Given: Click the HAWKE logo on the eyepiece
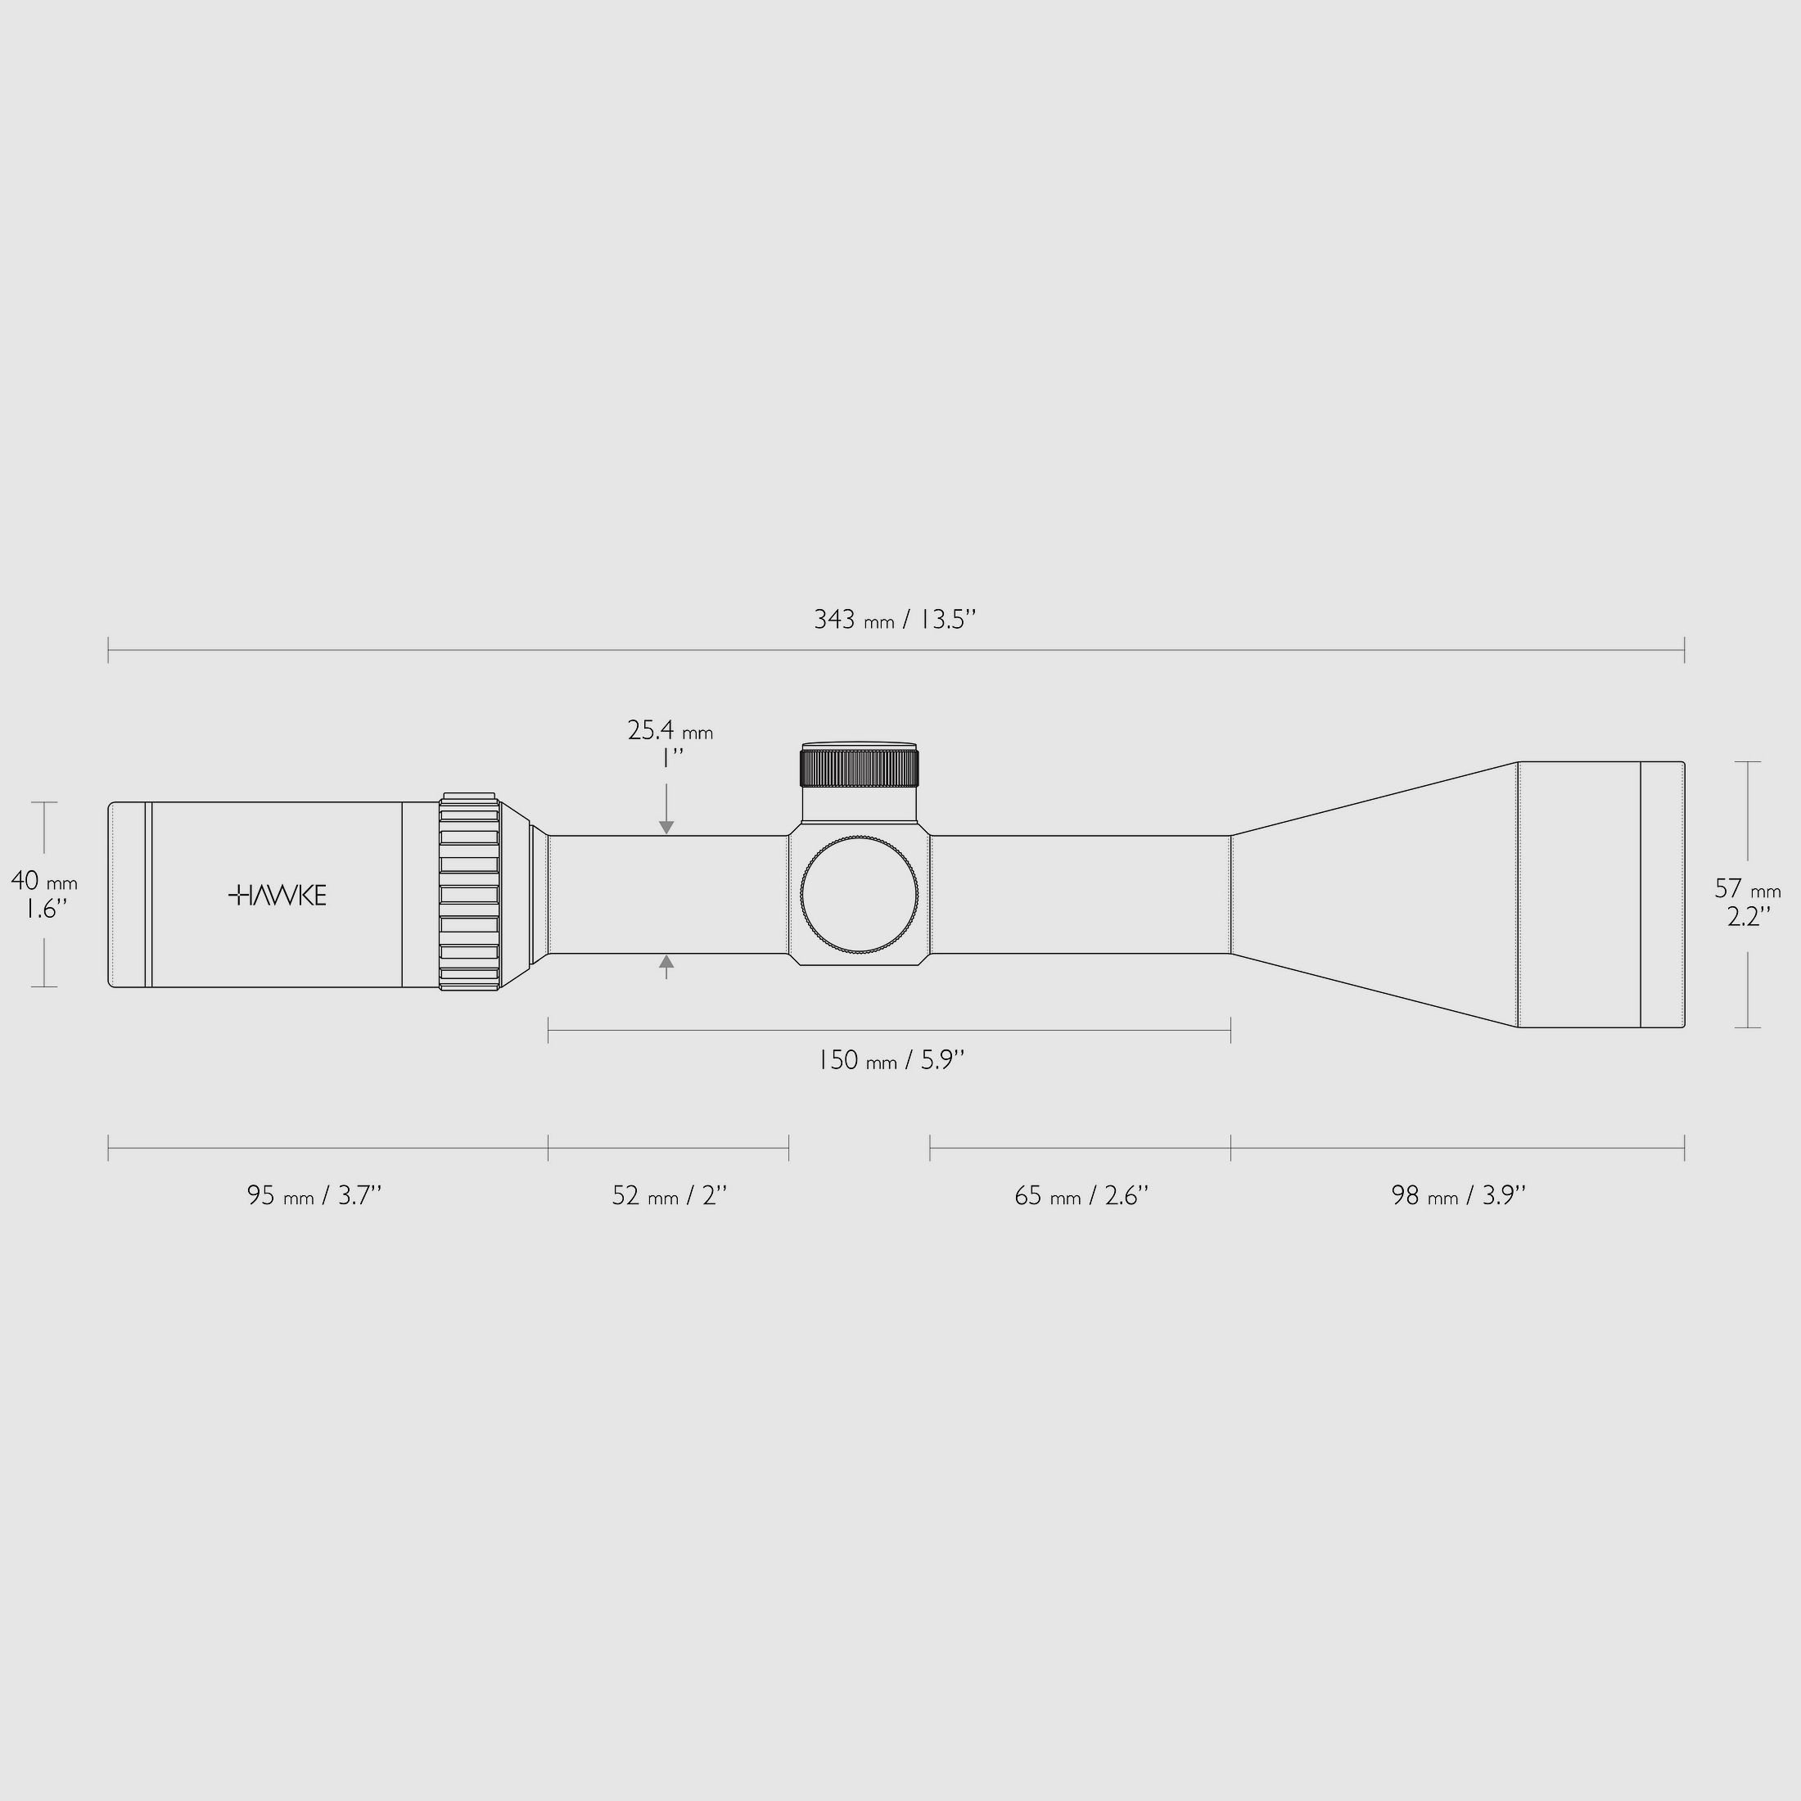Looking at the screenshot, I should [277, 896].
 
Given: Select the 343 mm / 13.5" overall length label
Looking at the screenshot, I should [894, 620].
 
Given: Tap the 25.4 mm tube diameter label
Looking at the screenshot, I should [670, 731].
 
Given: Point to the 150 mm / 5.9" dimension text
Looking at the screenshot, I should [890, 1061].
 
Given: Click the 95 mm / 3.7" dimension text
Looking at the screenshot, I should [314, 1196].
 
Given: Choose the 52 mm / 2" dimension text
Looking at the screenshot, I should [668, 1196].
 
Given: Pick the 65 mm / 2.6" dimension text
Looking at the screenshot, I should [1081, 1196].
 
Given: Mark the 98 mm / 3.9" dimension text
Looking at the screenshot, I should [1458, 1196].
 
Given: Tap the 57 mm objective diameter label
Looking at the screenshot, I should [1747, 889].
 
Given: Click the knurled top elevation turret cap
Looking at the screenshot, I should [859, 767].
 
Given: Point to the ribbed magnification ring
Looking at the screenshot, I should [469, 893].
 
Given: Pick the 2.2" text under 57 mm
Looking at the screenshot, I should [1748, 917].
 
